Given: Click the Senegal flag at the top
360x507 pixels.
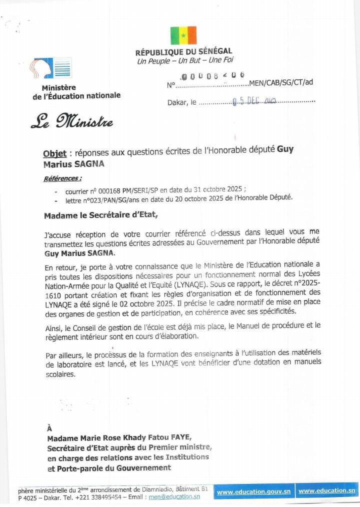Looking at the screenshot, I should (x=183, y=35).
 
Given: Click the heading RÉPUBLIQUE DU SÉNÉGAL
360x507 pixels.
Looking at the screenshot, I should (x=183, y=52).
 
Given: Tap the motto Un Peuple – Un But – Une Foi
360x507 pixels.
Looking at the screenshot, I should (x=178, y=61).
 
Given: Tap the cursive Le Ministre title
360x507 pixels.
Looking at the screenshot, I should (x=72, y=121).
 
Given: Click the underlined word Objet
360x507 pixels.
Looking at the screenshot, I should (x=55, y=153).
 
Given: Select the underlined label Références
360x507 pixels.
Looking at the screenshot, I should (x=62, y=178).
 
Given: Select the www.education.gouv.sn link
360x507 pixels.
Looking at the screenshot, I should (x=254, y=492).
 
